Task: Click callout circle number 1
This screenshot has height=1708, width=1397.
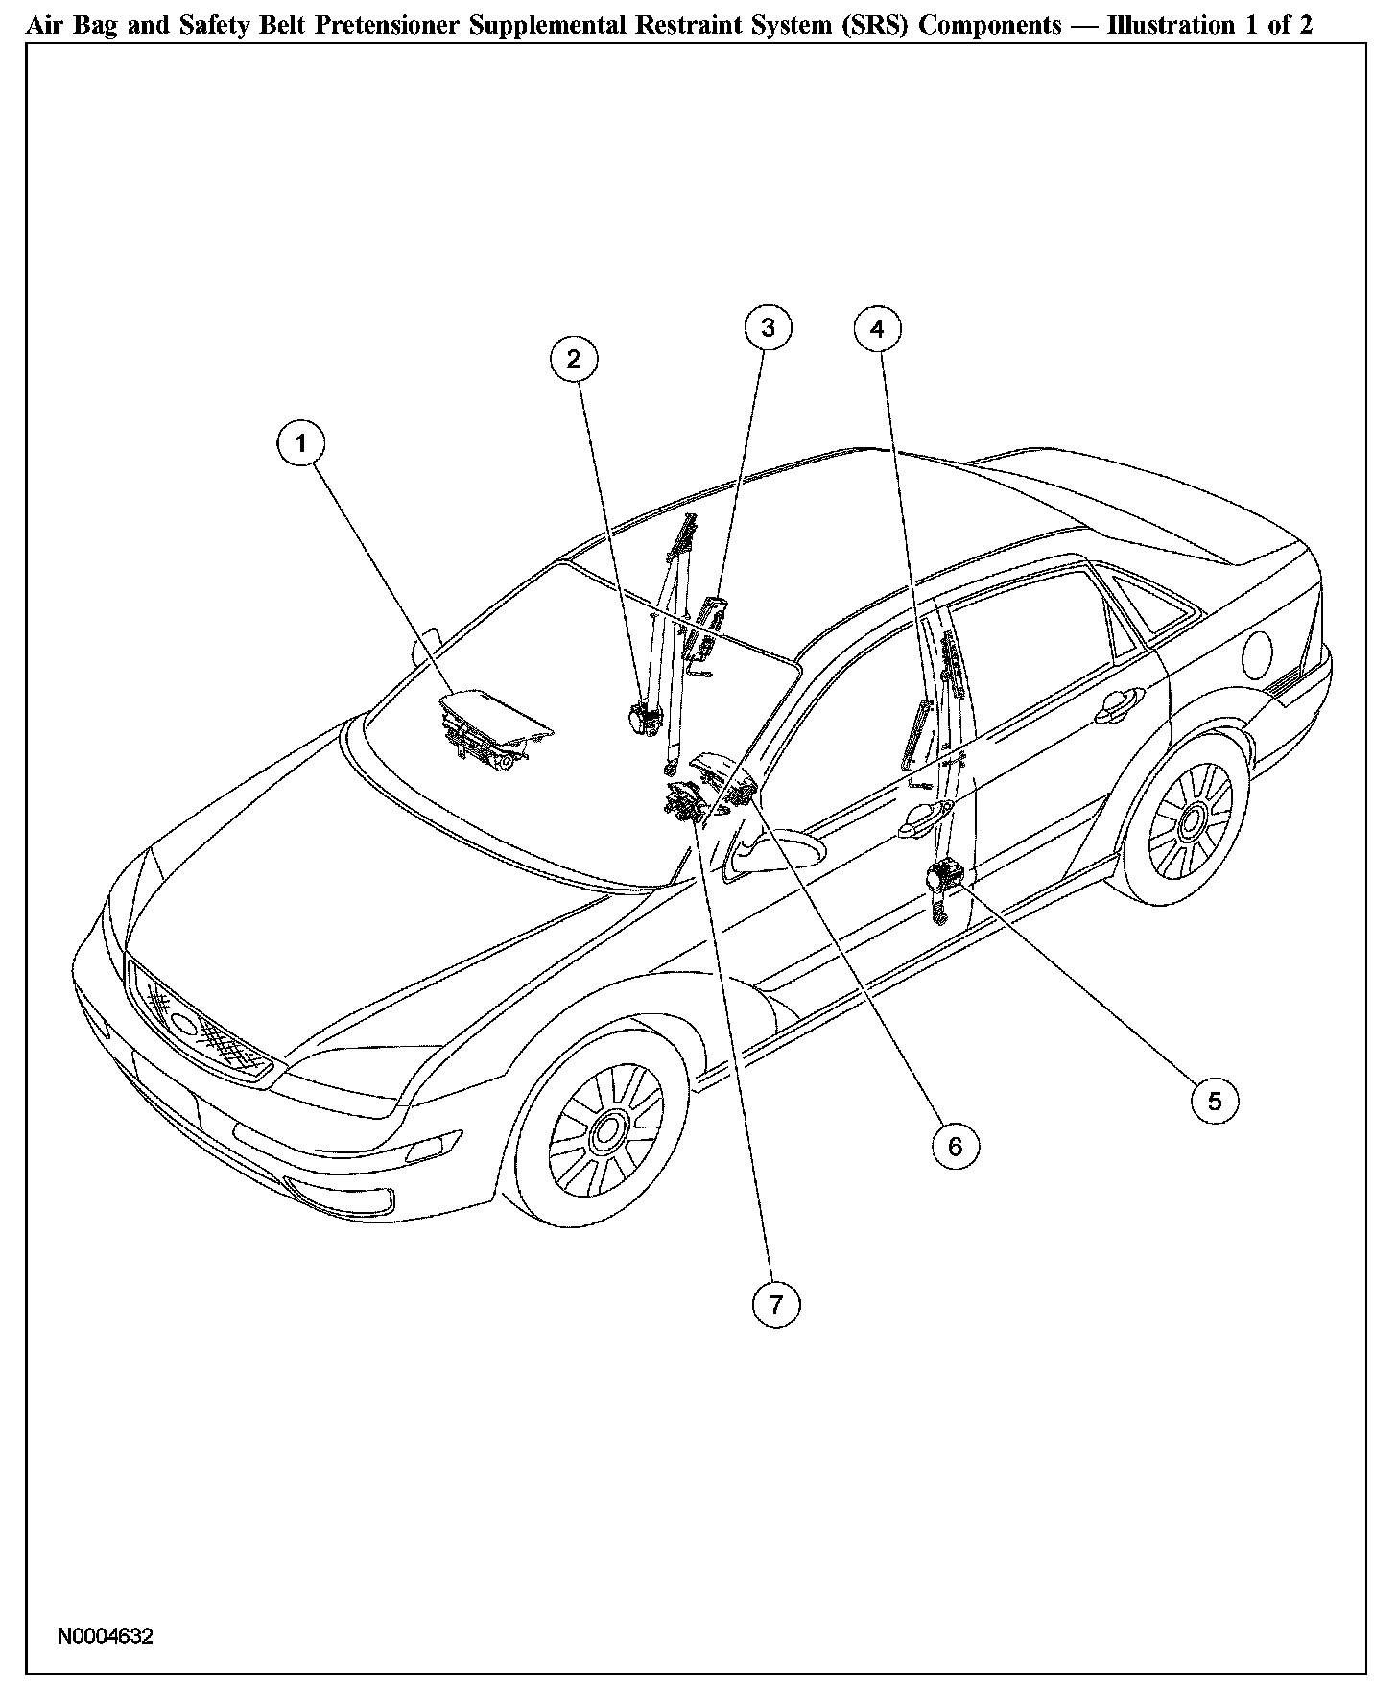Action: pyautogui.click(x=301, y=443)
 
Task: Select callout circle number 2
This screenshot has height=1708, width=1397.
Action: pyautogui.click(x=574, y=359)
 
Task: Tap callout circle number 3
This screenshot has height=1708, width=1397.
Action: pyautogui.click(x=769, y=328)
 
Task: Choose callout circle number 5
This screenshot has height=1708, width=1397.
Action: pyautogui.click(x=1215, y=1101)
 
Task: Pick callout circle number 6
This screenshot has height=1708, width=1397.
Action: pyautogui.click(x=955, y=1146)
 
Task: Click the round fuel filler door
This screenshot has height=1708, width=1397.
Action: pyautogui.click(x=1259, y=656)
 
